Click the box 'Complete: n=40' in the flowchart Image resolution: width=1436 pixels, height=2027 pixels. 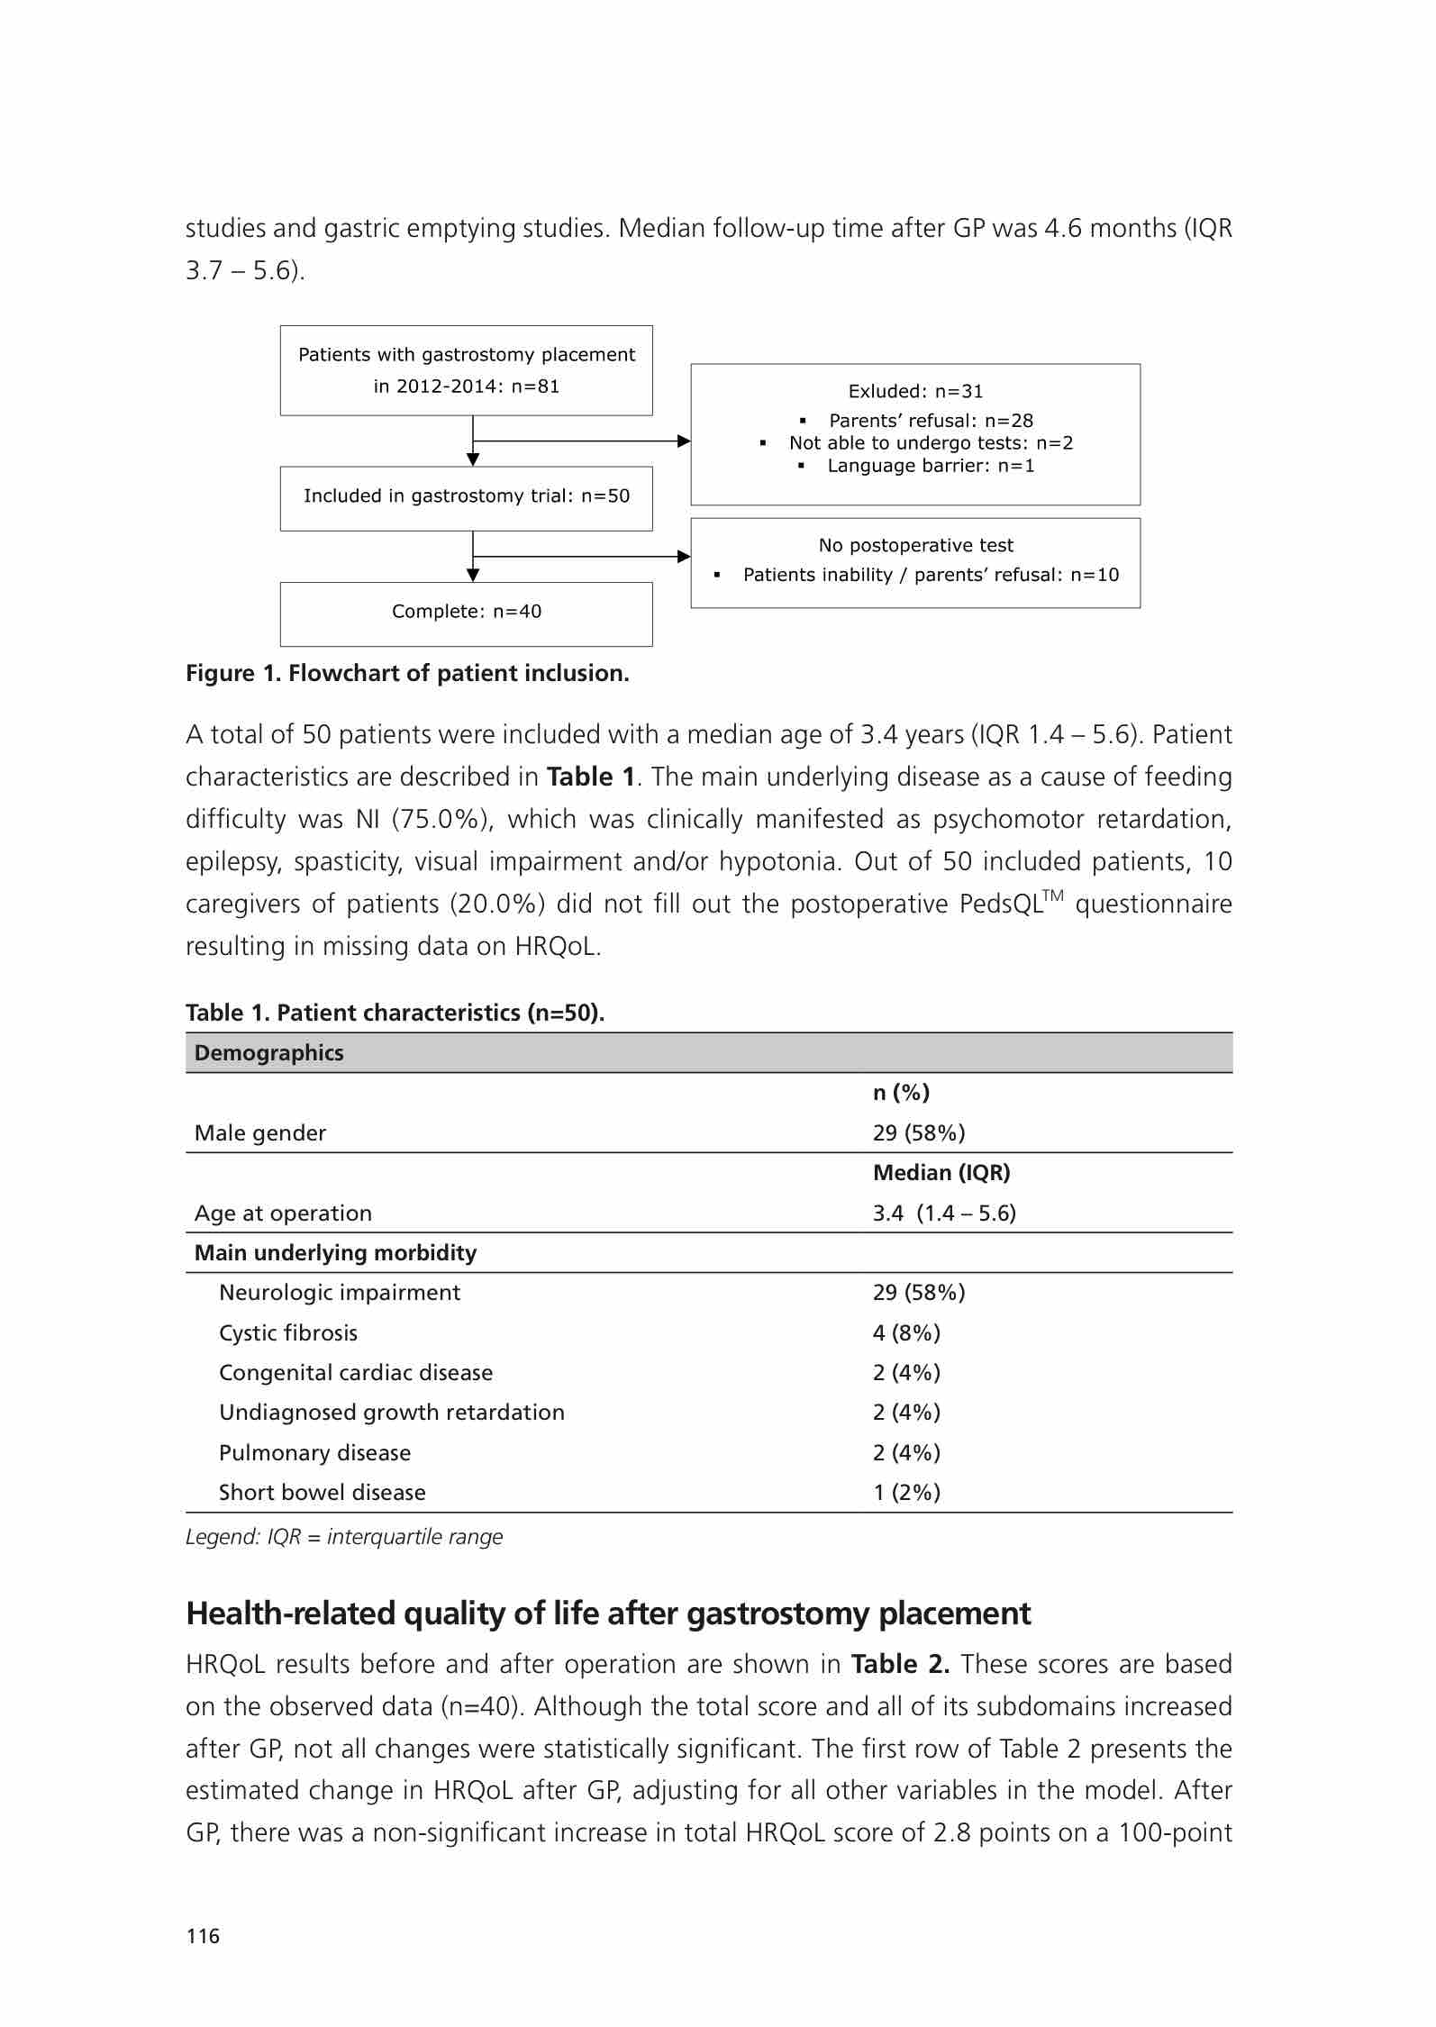tap(466, 612)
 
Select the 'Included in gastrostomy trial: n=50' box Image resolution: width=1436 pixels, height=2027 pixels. tap(466, 496)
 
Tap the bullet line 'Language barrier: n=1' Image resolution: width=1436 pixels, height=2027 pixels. tap(931, 466)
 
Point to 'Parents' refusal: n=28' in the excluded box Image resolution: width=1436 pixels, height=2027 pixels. tap(931, 421)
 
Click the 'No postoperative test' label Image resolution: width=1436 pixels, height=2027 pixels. tap(915, 546)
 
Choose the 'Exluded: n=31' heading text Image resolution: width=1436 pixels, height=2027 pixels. tap(915, 392)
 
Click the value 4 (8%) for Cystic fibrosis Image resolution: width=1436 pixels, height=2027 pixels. tap(906, 1332)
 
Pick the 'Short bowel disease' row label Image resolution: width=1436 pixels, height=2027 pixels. tap(322, 1492)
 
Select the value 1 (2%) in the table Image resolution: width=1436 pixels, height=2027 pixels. tap(906, 1492)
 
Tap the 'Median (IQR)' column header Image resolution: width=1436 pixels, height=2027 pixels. tap(941, 1173)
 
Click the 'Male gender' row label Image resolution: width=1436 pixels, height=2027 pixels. tap(260, 1133)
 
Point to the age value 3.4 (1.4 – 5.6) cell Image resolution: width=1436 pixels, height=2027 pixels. tap(944, 1213)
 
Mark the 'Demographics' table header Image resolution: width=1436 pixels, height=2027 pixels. tap(268, 1053)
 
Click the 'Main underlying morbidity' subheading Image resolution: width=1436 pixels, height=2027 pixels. tap(335, 1253)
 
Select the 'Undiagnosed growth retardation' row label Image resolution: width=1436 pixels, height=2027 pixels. tap(392, 1412)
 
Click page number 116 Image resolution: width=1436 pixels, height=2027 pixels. tap(203, 1936)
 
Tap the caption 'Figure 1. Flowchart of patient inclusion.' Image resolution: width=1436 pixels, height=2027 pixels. tap(407, 674)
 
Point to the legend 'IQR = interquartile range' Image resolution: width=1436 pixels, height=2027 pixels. tap(344, 1537)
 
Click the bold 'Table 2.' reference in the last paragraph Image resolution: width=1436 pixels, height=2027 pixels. tap(900, 1664)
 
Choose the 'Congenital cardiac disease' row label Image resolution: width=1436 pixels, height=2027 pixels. tap(356, 1372)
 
